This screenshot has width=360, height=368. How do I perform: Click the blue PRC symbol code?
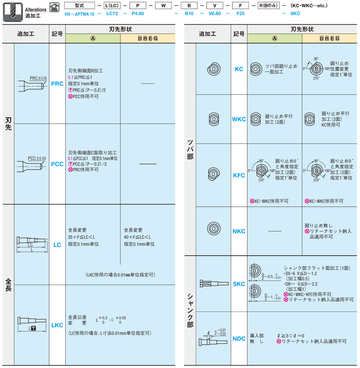pos(57,84)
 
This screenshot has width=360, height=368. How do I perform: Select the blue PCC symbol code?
pos(57,164)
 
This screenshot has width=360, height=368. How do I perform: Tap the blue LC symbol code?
pos(57,245)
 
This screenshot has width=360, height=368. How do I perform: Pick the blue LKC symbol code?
pos(57,325)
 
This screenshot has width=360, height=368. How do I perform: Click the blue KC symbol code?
pos(239,69)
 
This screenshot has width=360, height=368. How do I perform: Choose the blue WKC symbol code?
pos(239,119)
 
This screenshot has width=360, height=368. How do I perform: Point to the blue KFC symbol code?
pos(239,175)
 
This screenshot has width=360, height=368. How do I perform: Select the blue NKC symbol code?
pos(239,231)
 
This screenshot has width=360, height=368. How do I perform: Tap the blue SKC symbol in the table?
pos(239,284)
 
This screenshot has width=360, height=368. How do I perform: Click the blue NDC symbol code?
pos(239,339)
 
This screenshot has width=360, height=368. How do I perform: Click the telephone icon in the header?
pos(55,7)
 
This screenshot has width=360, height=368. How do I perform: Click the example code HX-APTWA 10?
pos(79,13)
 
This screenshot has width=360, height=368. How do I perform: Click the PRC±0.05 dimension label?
pos(38,78)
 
